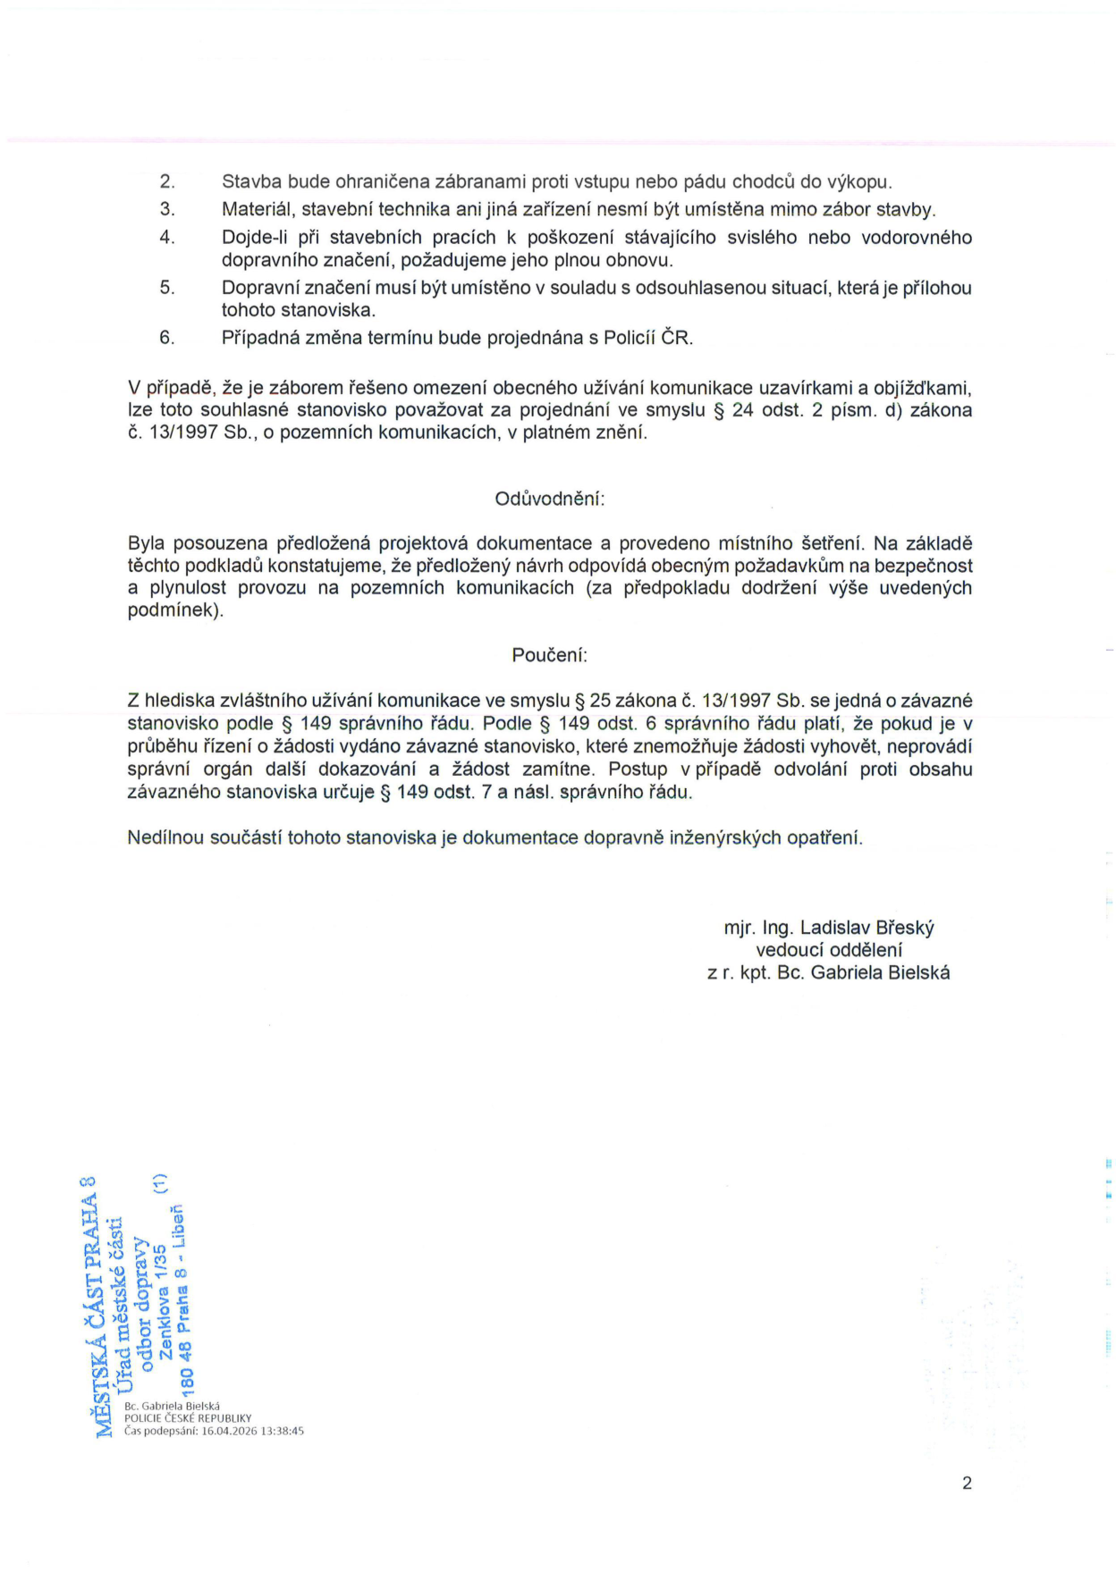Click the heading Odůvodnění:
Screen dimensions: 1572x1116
pos(549,499)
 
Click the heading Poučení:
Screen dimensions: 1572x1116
pos(549,655)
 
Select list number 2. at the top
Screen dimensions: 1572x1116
pos(167,182)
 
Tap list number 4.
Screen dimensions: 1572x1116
pos(167,238)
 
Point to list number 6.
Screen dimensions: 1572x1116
pos(167,338)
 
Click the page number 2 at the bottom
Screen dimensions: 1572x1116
pos(967,1484)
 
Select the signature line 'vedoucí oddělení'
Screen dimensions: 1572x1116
pos(828,950)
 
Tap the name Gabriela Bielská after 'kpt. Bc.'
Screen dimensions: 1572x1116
pos(880,973)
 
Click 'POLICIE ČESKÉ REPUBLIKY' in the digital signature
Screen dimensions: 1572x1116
pos(188,1418)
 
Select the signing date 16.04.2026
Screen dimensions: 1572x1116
pos(229,1431)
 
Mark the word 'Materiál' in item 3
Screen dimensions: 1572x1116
pos(257,210)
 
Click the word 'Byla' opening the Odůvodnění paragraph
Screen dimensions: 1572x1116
pos(146,543)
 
